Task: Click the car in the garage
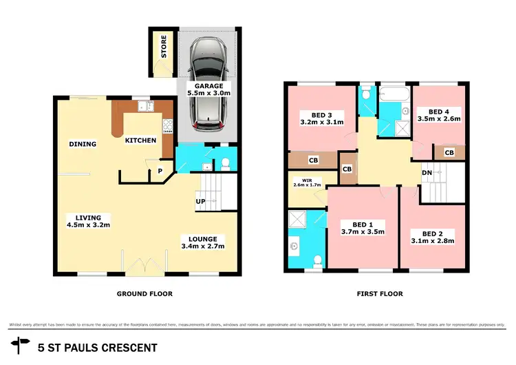tap(207, 84)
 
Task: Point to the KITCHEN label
tap(140, 140)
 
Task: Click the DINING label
tap(83, 144)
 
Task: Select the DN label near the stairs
tap(427, 173)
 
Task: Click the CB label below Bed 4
tap(449, 152)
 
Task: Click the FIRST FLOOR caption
tap(379, 293)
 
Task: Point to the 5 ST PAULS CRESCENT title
tap(98, 348)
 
